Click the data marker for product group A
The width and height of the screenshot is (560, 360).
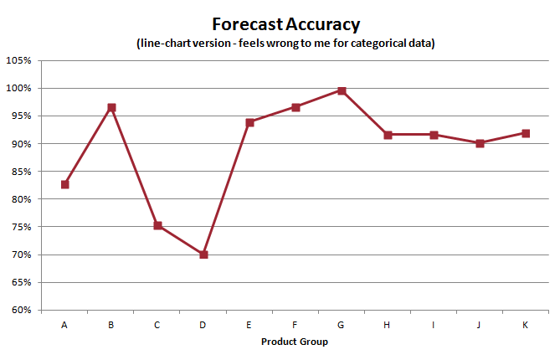click(x=65, y=184)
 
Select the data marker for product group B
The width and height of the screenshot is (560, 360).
click(x=111, y=107)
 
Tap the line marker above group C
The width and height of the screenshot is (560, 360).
click(x=157, y=225)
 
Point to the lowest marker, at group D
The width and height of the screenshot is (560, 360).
click(x=203, y=255)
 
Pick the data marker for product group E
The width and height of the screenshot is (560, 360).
click(x=249, y=122)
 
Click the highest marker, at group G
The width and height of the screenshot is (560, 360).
click(x=342, y=90)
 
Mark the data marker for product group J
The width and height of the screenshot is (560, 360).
click(x=480, y=143)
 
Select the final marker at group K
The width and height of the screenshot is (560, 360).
click(x=526, y=133)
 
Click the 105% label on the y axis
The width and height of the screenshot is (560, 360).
click(x=19, y=60)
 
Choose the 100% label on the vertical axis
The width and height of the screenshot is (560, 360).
click(x=19, y=88)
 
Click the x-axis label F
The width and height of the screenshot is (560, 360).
click(x=295, y=325)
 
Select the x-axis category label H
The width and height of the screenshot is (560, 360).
click(x=388, y=325)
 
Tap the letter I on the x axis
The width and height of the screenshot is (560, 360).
click(x=434, y=325)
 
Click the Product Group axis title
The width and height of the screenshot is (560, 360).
click(x=295, y=342)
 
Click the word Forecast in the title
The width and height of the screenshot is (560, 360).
click(x=246, y=23)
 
